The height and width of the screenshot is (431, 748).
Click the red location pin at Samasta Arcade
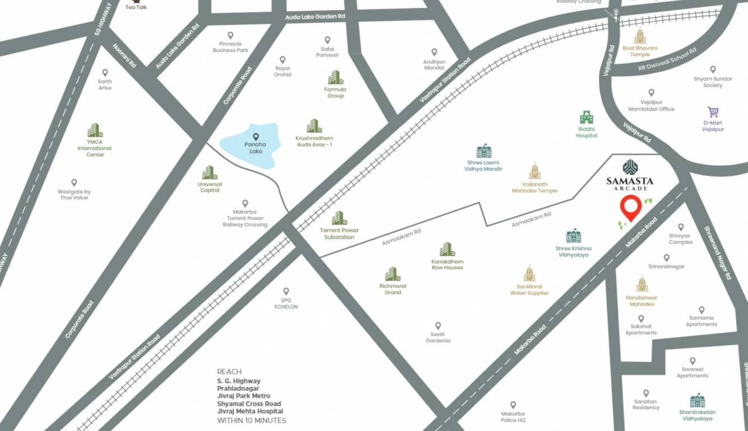(x=631, y=208)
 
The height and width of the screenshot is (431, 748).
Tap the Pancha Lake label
(x=255, y=148)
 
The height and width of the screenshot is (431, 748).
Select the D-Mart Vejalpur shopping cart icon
(x=713, y=112)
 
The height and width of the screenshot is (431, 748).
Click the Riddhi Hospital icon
(x=587, y=118)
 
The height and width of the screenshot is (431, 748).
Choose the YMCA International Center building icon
(x=95, y=130)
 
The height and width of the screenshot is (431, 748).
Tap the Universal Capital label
(x=210, y=187)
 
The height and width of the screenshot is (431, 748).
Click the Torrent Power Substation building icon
(x=339, y=218)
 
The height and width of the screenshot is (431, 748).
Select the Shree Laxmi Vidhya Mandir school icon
(x=483, y=151)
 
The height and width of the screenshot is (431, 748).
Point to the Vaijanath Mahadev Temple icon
(x=535, y=171)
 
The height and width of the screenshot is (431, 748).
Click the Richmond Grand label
(x=393, y=289)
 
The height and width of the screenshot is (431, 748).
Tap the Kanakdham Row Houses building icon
(x=447, y=249)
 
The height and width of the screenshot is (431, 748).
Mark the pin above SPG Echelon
(x=286, y=291)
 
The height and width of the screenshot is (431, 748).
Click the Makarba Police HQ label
(x=513, y=416)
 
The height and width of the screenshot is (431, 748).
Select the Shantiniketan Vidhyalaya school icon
(x=697, y=400)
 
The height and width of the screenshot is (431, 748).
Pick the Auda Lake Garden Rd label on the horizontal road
(x=315, y=17)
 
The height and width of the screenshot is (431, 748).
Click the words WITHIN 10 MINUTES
(x=251, y=420)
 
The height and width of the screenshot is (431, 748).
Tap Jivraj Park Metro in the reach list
(x=243, y=396)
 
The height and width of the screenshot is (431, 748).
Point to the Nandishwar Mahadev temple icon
(x=642, y=284)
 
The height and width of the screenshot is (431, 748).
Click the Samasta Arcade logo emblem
(x=630, y=167)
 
